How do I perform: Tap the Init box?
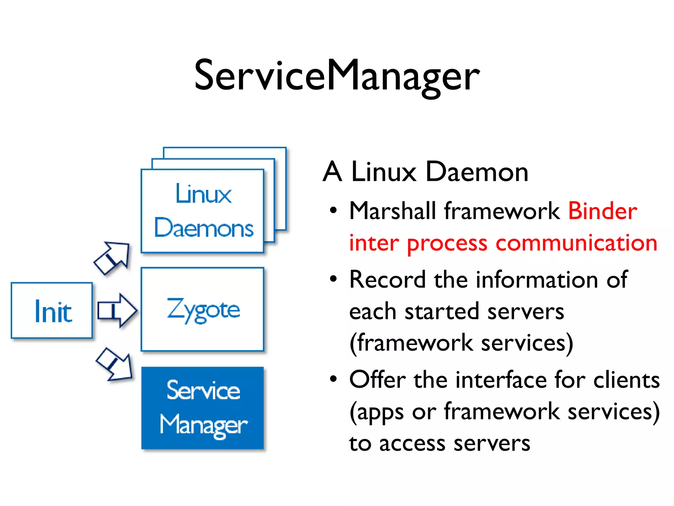pyautogui.click(x=52, y=311)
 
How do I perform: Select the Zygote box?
pyautogui.click(x=203, y=310)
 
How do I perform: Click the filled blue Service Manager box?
pyautogui.click(x=203, y=408)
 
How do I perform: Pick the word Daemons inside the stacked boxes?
pyautogui.click(x=204, y=228)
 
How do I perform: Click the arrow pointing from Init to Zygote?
pyautogui.click(x=117, y=310)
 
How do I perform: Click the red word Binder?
pyautogui.click(x=602, y=211)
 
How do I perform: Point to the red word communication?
pyautogui.click(x=576, y=243)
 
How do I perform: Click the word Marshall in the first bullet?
pyautogui.click(x=393, y=211)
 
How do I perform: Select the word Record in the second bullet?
pyautogui.click(x=387, y=280)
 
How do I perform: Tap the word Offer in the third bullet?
pyautogui.click(x=377, y=380)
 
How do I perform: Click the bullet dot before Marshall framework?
pyautogui.click(x=333, y=210)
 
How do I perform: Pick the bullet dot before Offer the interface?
pyautogui.click(x=333, y=379)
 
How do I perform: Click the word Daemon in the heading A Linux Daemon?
pyautogui.click(x=477, y=172)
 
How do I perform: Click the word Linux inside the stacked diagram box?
pyautogui.click(x=203, y=194)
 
